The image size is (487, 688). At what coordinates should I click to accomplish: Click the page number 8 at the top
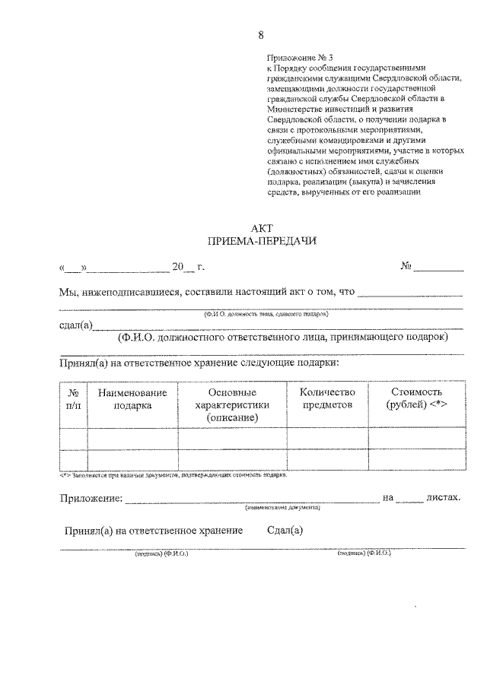[262, 35]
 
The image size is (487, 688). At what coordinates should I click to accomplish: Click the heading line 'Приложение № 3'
[300, 57]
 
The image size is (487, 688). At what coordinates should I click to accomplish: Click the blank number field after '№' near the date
[438, 268]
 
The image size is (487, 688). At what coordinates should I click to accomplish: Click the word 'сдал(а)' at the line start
[75, 325]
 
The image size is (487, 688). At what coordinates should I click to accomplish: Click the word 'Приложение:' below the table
[91, 498]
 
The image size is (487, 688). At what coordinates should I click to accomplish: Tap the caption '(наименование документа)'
[282, 507]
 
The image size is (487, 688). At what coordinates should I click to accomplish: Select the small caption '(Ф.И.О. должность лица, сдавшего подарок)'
[266, 313]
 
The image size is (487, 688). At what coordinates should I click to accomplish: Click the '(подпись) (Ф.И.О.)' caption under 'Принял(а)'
[162, 554]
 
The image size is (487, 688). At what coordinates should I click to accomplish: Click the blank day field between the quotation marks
[73, 268]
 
